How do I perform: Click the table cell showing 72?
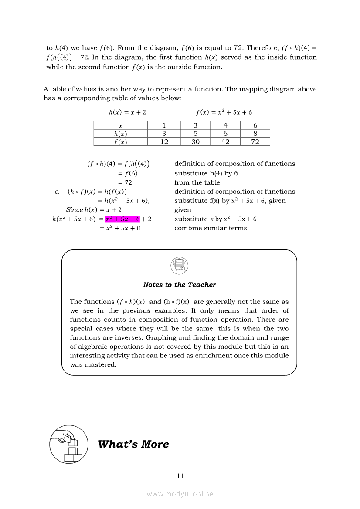click(x=255, y=142)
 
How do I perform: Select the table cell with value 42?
click(x=225, y=142)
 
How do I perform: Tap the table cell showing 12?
click(x=164, y=142)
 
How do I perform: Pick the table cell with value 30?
click(x=195, y=142)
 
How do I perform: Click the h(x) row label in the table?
click(x=121, y=134)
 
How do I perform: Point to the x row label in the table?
click(x=121, y=125)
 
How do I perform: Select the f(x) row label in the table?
click(x=121, y=142)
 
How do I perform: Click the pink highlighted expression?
click(x=122, y=219)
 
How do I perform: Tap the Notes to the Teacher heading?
click(x=180, y=285)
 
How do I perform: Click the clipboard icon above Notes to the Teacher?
click(x=180, y=265)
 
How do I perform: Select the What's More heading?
click(x=133, y=444)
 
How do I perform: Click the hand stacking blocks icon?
click(x=68, y=444)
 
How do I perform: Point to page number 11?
click(x=180, y=476)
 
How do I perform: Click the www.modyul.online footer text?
click(x=180, y=494)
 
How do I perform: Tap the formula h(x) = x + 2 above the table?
click(x=127, y=112)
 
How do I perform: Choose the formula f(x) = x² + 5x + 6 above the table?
click(x=224, y=112)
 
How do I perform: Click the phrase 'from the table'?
click(x=197, y=182)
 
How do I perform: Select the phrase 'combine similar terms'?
click(x=211, y=228)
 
